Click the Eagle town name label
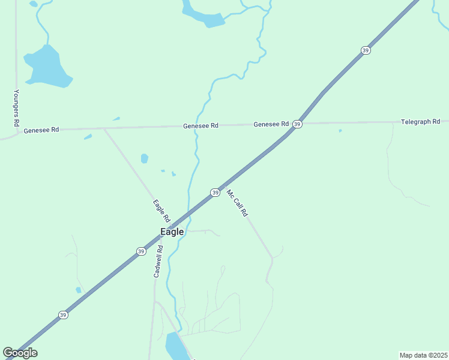click(x=172, y=232)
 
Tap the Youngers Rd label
click(x=17, y=108)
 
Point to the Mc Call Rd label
click(x=237, y=203)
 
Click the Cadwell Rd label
click(x=158, y=260)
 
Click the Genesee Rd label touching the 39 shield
click(x=271, y=124)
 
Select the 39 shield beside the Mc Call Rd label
click(x=215, y=193)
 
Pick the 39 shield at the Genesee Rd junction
click(x=297, y=124)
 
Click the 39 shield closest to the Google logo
click(x=63, y=314)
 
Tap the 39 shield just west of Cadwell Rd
click(x=141, y=251)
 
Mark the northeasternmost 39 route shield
click(x=366, y=50)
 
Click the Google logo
click(x=20, y=353)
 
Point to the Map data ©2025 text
click(x=423, y=355)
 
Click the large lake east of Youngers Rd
click(x=47, y=67)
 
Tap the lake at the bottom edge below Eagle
click(x=175, y=346)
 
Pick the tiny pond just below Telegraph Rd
click(x=340, y=130)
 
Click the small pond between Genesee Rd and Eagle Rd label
click(x=144, y=158)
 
